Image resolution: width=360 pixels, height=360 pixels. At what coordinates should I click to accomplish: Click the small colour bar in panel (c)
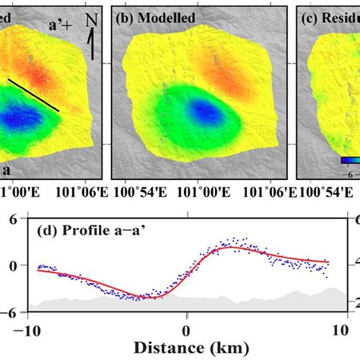349,160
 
